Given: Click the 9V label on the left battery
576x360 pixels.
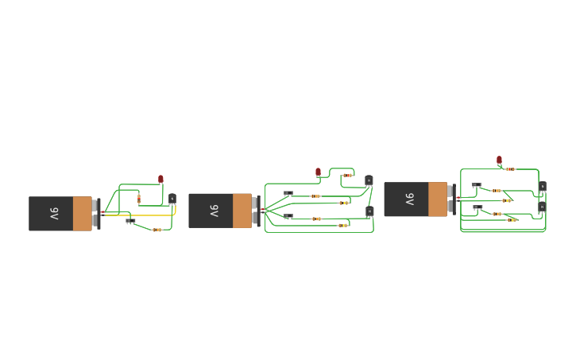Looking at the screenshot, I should [54, 214].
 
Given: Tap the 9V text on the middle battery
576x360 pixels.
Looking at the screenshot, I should [214, 211].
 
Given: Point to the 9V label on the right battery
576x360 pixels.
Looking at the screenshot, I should [409, 199].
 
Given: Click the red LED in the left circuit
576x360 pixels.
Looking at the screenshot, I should [160, 180].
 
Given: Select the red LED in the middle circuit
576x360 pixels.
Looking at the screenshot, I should [318, 172].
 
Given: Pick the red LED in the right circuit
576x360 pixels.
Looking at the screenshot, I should [499, 160].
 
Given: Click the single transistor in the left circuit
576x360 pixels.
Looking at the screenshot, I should [172, 199].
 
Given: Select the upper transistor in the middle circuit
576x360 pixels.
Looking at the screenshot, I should [369, 180].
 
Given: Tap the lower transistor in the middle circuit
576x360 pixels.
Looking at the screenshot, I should [369, 211].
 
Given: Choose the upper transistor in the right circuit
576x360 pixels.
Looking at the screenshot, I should [543, 187].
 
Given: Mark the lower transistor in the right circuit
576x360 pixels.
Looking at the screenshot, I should [543, 207].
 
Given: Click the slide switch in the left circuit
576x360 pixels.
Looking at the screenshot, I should [130, 220].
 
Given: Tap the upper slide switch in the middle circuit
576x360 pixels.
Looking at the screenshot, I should [288, 192].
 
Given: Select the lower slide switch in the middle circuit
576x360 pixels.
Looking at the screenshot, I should [288, 215].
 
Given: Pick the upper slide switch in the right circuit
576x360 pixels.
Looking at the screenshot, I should [477, 185].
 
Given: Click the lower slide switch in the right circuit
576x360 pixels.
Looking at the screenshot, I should [477, 207].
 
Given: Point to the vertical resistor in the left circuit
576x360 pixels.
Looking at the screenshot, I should [138, 198].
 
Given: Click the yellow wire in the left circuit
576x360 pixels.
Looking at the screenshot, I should [151, 215].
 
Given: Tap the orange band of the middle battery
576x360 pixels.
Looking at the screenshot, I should [242, 211].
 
